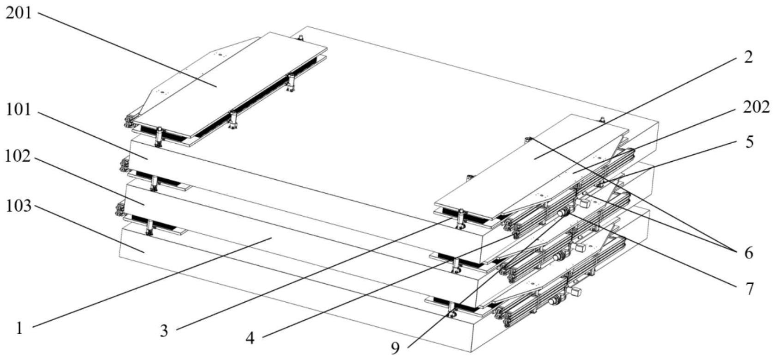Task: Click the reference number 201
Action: pyautogui.click(x=18, y=13)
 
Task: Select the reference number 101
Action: pyautogui.click(x=18, y=110)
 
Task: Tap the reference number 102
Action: pyautogui.click(x=18, y=157)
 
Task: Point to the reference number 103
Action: pyautogui.click(x=18, y=206)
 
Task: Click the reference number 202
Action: pyautogui.click(x=757, y=107)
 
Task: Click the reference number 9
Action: pyautogui.click(x=396, y=348)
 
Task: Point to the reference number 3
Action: pyautogui.click(x=164, y=331)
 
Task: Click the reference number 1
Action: pyautogui.click(x=19, y=328)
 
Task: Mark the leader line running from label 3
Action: pyautogui.click(x=314, y=275)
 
